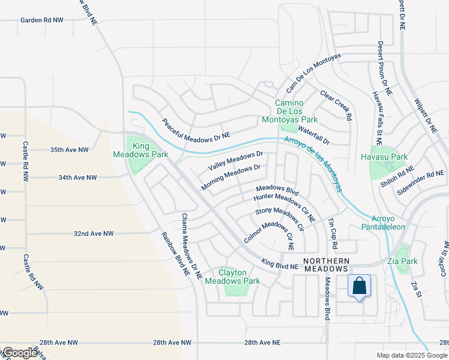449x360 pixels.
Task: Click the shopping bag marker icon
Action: (359, 287)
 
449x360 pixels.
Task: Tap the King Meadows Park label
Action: (141, 150)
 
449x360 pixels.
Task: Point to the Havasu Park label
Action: (385, 157)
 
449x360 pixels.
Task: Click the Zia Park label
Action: (403, 261)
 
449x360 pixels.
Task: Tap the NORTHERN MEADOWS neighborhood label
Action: (326, 265)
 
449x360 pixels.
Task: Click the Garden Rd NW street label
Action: (42, 20)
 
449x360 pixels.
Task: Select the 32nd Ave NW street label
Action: (94, 233)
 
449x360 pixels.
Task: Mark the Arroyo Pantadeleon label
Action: (384, 222)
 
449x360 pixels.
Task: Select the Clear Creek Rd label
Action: (336, 105)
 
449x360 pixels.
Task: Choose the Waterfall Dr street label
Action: (313, 135)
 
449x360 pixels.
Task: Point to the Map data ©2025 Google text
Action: (411, 355)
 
